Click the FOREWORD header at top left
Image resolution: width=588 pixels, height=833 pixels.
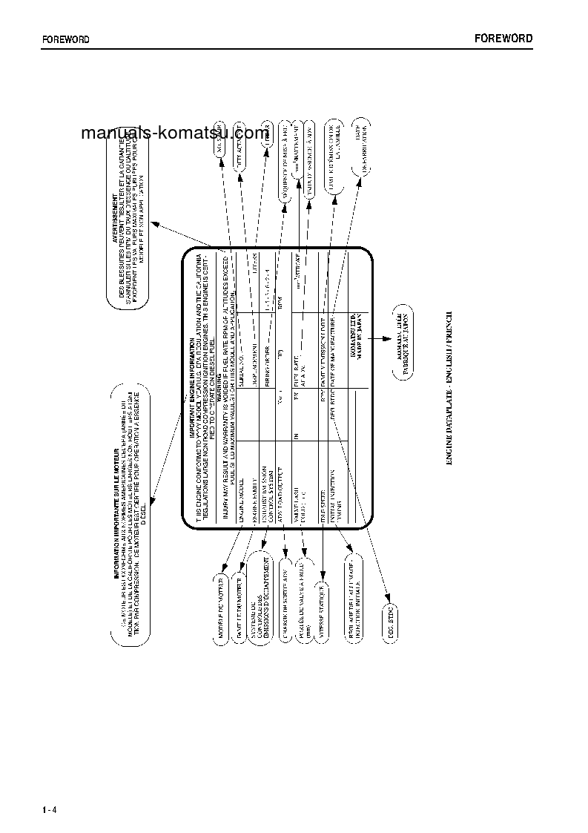(x=65, y=40)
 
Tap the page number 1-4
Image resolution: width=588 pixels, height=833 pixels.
(x=50, y=808)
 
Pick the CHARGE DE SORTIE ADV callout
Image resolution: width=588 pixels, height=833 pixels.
(x=285, y=597)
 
